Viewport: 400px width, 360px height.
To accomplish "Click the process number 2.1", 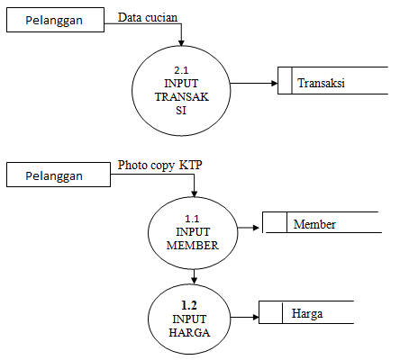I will (182, 69).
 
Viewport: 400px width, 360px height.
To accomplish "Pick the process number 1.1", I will (192, 218).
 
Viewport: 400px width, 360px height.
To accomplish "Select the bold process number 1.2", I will (190, 305).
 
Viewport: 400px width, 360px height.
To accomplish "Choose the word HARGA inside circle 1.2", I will (190, 333).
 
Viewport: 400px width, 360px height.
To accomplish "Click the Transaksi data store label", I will (323, 84).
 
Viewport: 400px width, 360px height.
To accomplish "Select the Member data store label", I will (314, 224).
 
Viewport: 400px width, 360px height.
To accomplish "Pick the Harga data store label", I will (307, 313).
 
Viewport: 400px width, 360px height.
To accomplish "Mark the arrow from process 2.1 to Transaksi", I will (254, 85).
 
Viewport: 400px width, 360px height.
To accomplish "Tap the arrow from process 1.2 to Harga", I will (243, 313).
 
